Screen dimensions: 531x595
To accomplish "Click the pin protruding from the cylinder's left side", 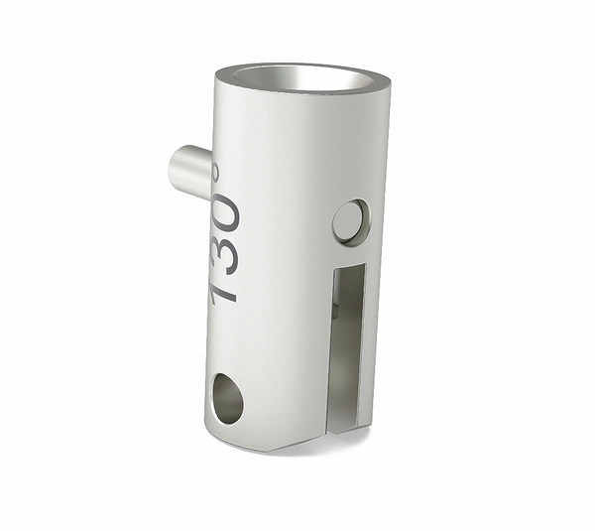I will (190, 171).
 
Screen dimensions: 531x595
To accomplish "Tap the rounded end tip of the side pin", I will (176, 170).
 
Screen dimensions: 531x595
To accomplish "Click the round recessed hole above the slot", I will (349, 221).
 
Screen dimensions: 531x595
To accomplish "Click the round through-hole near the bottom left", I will (227, 399).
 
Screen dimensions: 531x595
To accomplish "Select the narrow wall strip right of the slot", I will (370, 337).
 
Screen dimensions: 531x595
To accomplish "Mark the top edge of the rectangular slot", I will (350, 267).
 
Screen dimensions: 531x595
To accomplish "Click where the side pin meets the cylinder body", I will (209, 174).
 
